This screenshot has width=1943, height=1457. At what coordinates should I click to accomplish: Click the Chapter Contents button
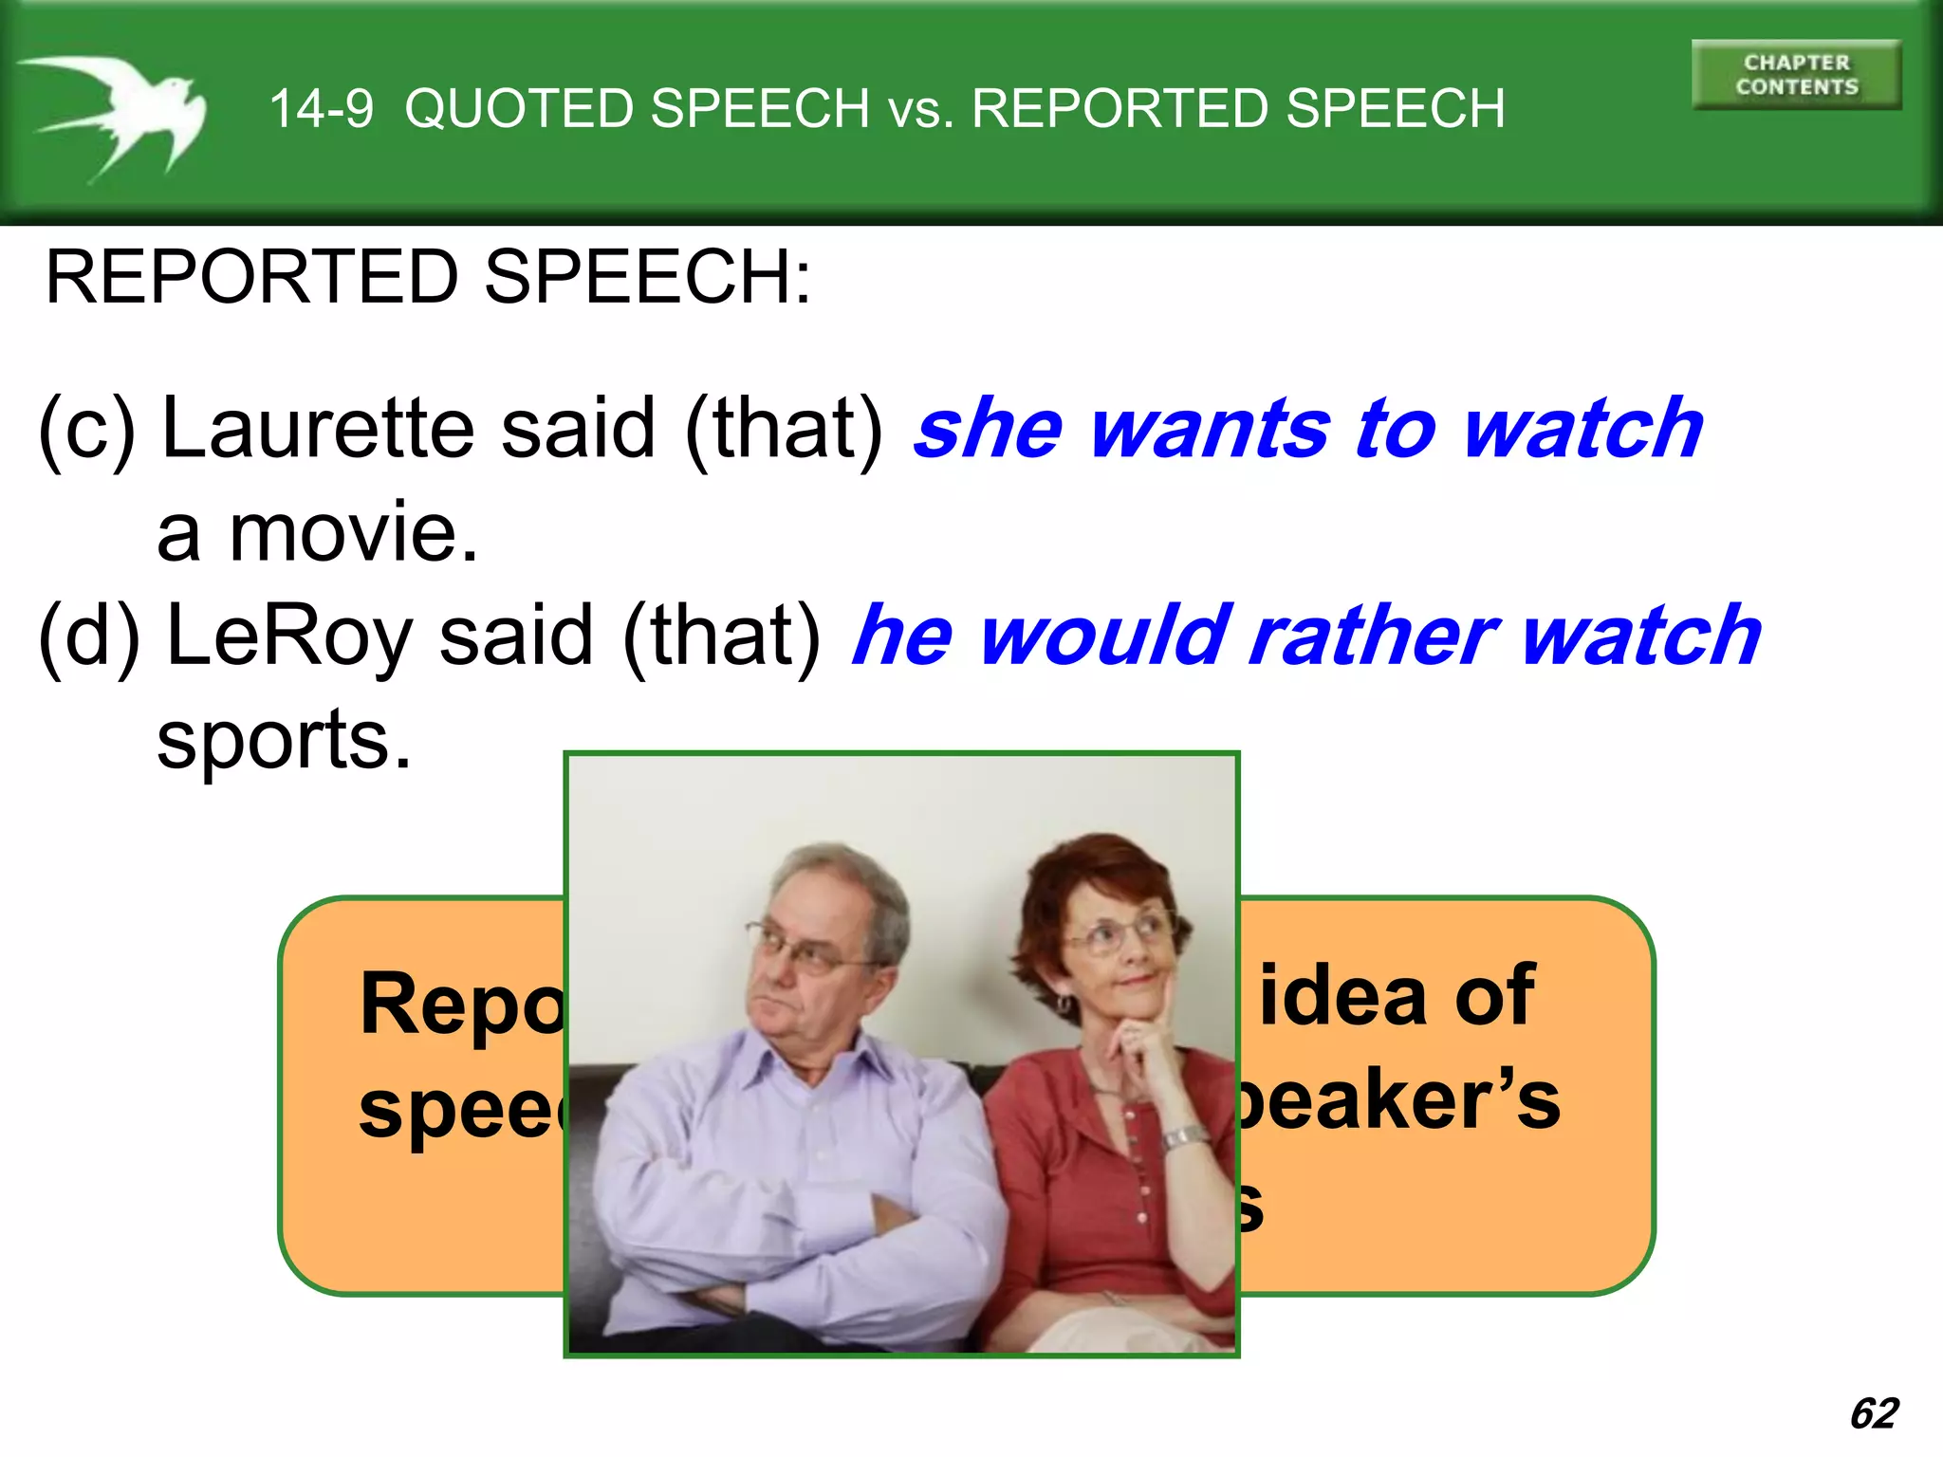click(x=1796, y=75)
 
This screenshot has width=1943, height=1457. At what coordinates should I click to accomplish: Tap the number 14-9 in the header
click(x=322, y=109)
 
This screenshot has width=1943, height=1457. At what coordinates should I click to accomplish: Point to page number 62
click(x=1874, y=1413)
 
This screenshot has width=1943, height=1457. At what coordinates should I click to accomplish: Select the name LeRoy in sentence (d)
click(x=289, y=636)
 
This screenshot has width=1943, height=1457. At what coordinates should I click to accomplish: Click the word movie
click(x=353, y=533)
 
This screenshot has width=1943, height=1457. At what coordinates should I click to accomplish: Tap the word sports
click(x=284, y=742)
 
